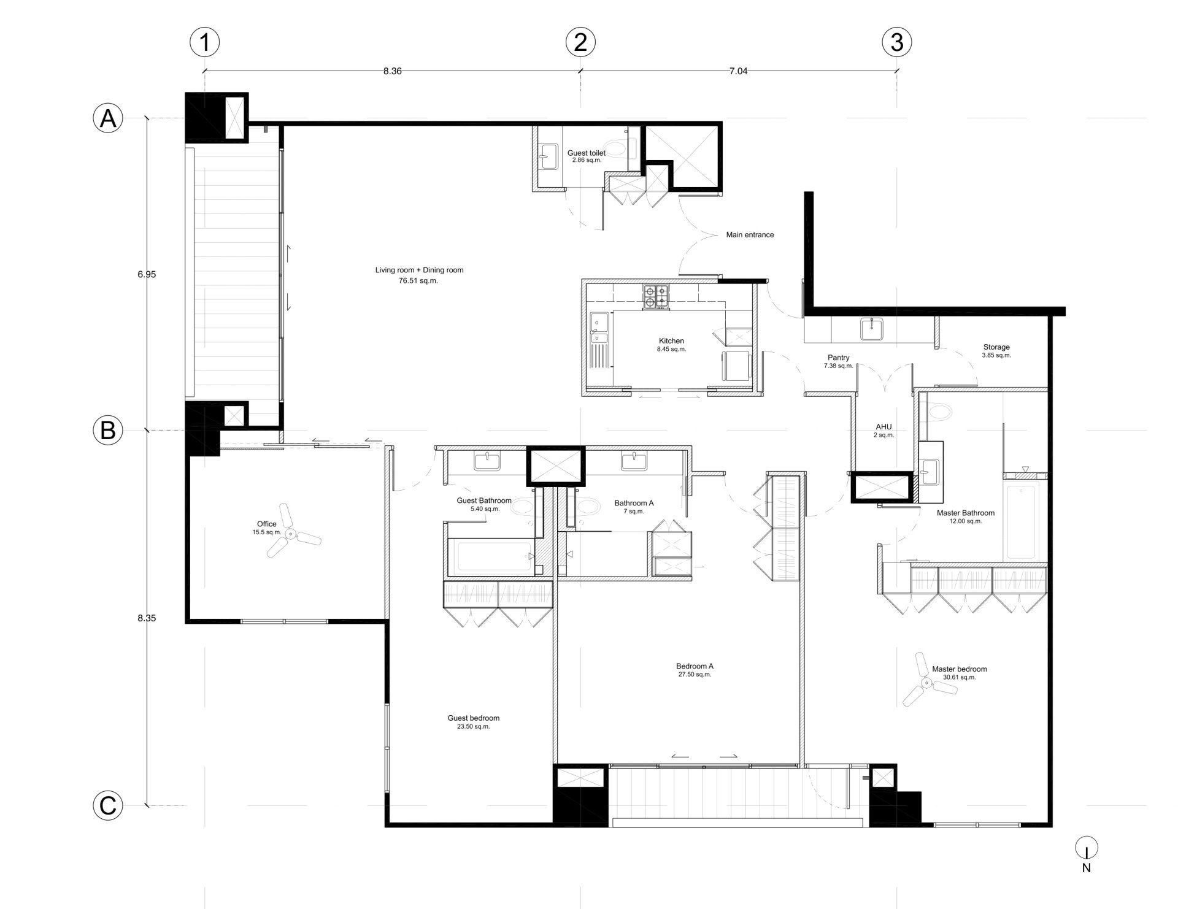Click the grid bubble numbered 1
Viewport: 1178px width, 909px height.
204,42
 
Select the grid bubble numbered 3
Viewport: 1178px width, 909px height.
896,42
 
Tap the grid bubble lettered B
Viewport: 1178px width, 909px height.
108,431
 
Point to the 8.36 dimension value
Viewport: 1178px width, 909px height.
392,71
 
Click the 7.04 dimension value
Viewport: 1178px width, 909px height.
738,71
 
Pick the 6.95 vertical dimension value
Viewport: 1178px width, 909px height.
147,274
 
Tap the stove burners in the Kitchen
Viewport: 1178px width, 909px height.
656,296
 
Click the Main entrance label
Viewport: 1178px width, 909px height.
750,234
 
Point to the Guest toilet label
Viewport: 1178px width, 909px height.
586,153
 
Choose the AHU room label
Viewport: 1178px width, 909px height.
883,427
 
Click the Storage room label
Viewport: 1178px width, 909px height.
996,347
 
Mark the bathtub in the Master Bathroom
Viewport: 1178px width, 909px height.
1020,522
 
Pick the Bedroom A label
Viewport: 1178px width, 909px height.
695,666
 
